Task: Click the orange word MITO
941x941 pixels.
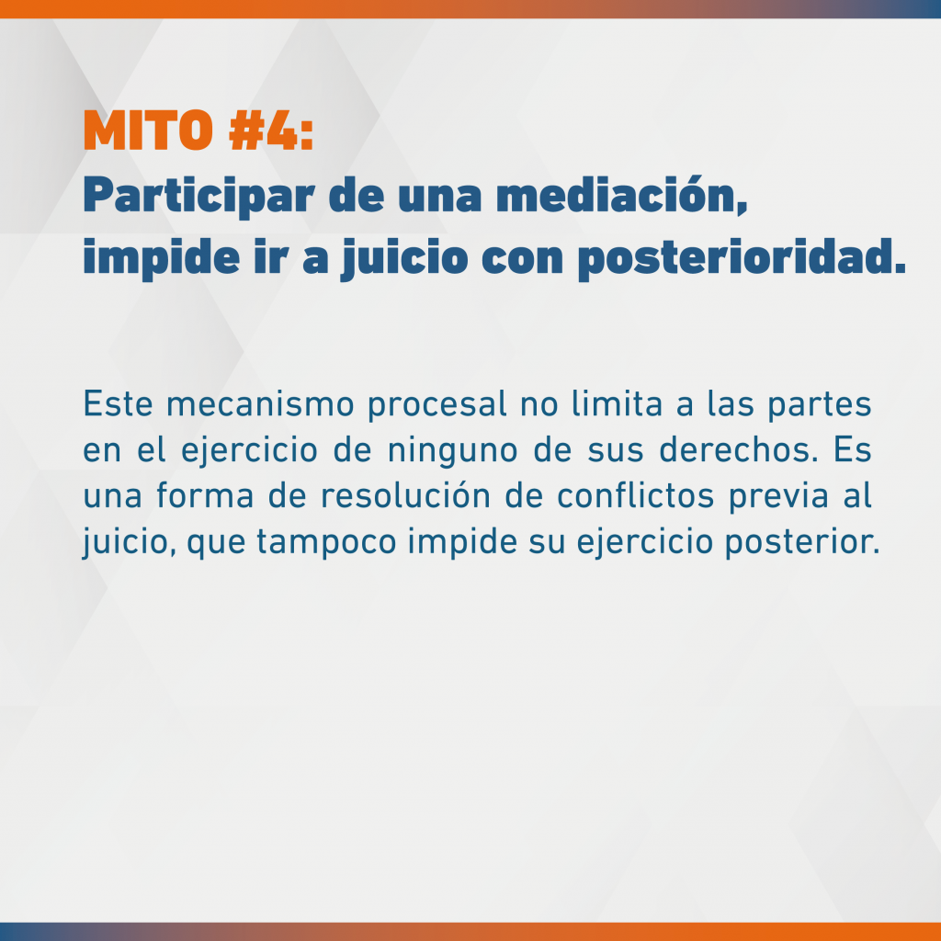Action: click(x=148, y=130)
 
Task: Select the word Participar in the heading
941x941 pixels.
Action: click(x=198, y=197)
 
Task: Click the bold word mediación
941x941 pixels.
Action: click(x=622, y=195)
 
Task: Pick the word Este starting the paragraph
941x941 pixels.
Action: click(x=119, y=404)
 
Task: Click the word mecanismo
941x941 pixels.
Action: click(x=260, y=404)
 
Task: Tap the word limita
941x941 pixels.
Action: click(x=617, y=404)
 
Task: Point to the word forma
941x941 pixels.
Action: click(x=205, y=495)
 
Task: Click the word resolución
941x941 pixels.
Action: click(x=405, y=495)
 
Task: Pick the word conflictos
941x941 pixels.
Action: click(x=636, y=495)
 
